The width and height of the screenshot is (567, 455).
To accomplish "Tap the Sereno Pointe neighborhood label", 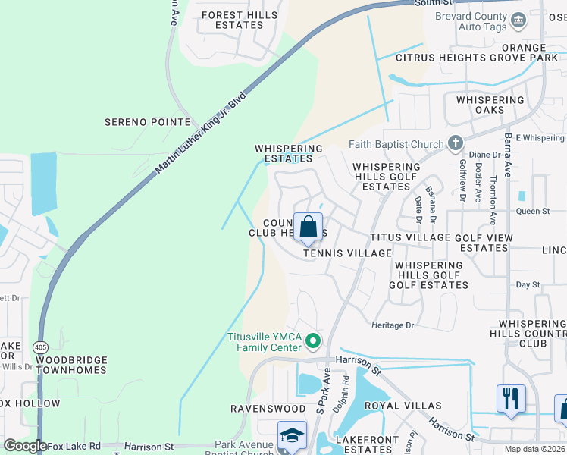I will click(147, 121).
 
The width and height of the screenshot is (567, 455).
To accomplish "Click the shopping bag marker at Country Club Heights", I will click(309, 227).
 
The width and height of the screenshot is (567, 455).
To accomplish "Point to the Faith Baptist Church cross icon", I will click(456, 143).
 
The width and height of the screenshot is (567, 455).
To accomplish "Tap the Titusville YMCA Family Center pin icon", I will click(312, 343).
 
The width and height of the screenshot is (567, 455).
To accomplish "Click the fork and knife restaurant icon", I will click(511, 399).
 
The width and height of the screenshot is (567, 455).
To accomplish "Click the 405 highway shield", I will click(41, 347).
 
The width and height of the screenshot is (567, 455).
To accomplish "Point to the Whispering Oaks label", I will click(490, 105).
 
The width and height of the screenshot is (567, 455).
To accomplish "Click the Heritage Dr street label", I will click(393, 325).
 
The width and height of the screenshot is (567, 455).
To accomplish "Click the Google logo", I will click(25, 446).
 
